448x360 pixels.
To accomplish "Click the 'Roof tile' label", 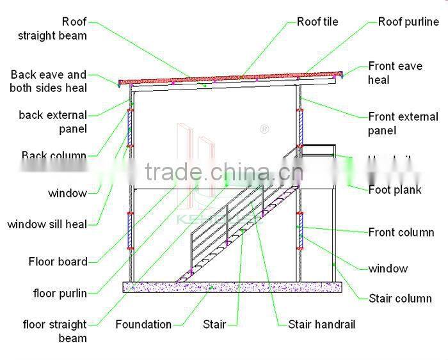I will (x=317, y=22).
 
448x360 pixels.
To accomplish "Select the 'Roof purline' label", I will (x=408, y=22).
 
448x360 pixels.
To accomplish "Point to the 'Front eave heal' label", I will (x=395, y=73).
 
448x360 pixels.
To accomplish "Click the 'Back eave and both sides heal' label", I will (x=49, y=81).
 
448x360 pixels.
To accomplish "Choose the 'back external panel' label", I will (x=52, y=122).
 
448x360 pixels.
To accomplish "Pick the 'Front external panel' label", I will (x=403, y=123).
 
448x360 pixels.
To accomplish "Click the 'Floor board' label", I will (x=58, y=262).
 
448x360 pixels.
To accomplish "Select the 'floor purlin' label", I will (x=60, y=293).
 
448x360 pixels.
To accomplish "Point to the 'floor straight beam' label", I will (x=55, y=331).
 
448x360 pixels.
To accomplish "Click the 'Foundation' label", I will (x=143, y=324).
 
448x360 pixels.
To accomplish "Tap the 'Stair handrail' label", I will (x=321, y=324).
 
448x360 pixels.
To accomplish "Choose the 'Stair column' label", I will (x=400, y=298).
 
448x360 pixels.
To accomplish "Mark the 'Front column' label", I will (x=401, y=232).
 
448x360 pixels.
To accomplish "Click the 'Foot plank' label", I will (x=395, y=189).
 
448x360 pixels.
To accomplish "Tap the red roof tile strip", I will (x=230, y=77).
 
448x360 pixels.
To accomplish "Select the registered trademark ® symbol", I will (x=264, y=129).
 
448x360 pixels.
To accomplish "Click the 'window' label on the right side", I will (x=388, y=269).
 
